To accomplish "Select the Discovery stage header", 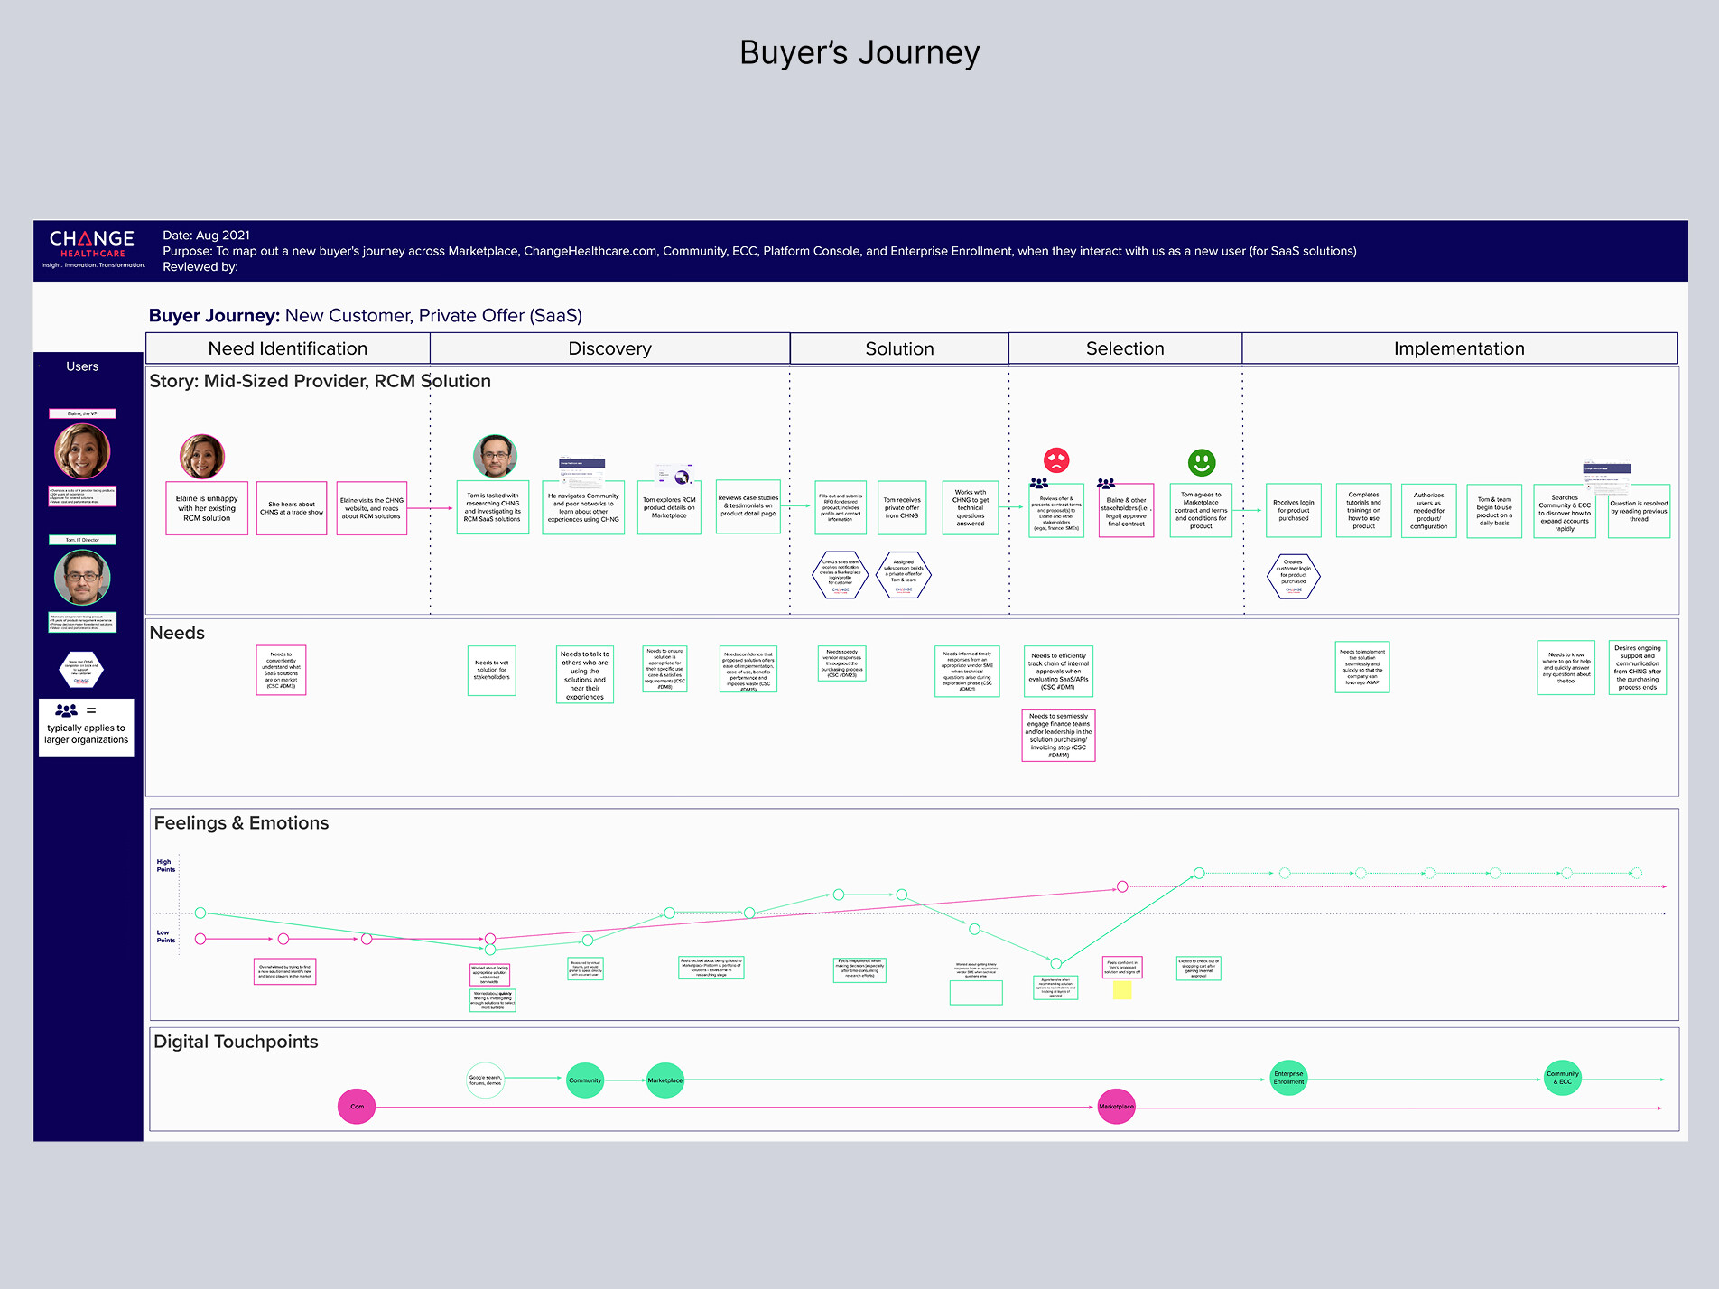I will tap(609, 348).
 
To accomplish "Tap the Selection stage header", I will tap(1125, 348).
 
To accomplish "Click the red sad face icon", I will tap(1056, 460).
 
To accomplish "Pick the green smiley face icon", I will tap(1201, 463).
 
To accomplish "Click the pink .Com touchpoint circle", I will tap(357, 1106).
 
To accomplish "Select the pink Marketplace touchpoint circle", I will tap(1116, 1106).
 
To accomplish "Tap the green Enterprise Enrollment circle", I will tap(1288, 1078).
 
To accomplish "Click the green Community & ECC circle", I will tap(1563, 1078).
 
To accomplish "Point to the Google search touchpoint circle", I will tap(485, 1080).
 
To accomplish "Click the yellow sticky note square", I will tap(1122, 990).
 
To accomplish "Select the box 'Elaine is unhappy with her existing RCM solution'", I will tap(207, 508).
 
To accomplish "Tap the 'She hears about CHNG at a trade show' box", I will tap(292, 508).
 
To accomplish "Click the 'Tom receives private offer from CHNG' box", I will tap(902, 508).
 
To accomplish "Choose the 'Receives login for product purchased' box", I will tap(1293, 511).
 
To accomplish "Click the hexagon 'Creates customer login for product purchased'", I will tap(1293, 576).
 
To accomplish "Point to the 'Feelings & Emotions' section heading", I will tap(241, 823).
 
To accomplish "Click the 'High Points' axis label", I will tap(165, 866).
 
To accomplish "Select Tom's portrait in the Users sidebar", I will tap(82, 578).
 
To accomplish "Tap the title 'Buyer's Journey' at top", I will tap(859, 52).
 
